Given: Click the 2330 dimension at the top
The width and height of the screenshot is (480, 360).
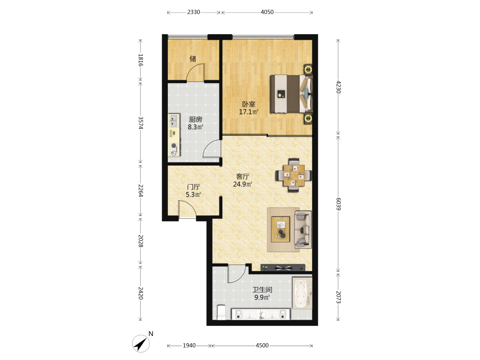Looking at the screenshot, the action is tap(193, 12).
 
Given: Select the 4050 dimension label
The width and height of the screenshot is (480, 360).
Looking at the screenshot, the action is tap(267, 12).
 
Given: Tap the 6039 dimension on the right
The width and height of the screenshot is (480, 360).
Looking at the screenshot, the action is tap(338, 204).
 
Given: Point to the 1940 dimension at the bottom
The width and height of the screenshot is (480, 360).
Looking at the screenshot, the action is tap(189, 345).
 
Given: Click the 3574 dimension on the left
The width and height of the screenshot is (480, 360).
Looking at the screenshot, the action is tap(141, 123).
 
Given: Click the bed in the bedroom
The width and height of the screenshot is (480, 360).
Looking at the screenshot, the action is tap(291, 94).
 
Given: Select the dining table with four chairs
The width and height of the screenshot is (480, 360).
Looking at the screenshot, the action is tap(294, 175).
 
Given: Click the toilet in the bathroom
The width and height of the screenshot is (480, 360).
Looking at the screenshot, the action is tap(221, 312).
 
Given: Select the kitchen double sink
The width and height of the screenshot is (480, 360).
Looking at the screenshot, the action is tap(174, 120).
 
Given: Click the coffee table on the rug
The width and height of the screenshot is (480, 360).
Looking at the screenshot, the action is tap(280, 229).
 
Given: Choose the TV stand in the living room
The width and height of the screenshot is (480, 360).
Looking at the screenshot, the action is tap(283, 268).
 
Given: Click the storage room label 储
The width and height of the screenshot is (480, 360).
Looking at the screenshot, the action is tap(193, 59).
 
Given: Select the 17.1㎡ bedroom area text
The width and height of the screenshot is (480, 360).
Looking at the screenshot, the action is tap(248, 112).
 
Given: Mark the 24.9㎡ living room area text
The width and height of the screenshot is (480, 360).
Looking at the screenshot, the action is tap(242, 184).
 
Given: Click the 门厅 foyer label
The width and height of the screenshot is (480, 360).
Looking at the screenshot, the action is tap(193, 187).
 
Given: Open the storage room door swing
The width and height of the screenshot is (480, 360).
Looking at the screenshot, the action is tap(196, 72).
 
